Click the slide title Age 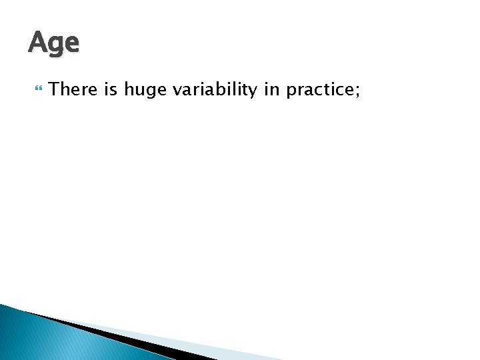(x=53, y=43)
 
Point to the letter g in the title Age (x=55, y=46)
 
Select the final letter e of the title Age (x=71, y=44)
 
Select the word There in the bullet (x=73, y=89)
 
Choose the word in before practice (x=271, y=89)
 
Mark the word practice (x=321, y=89)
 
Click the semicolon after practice (x=357, y=91)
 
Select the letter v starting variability (x=177, y=91)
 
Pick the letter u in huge (x=138, y=91)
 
